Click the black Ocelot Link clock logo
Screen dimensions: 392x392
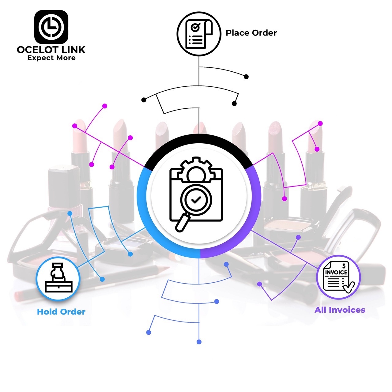click(51, 27)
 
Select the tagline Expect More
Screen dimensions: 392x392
click(51, 58)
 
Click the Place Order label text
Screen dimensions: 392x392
click(251, 33)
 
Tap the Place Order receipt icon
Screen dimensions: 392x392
click(199, 34)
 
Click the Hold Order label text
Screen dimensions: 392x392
click(61, 312)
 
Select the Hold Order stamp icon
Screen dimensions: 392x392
click(58, 278)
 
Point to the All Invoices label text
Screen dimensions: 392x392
click(340, 310)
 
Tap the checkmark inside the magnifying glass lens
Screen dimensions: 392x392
click(196, 200)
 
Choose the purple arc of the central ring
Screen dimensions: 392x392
click(256, 212)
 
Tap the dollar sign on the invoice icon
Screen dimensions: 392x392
click(344, 266)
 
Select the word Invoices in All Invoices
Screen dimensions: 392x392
click(347, 310)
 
